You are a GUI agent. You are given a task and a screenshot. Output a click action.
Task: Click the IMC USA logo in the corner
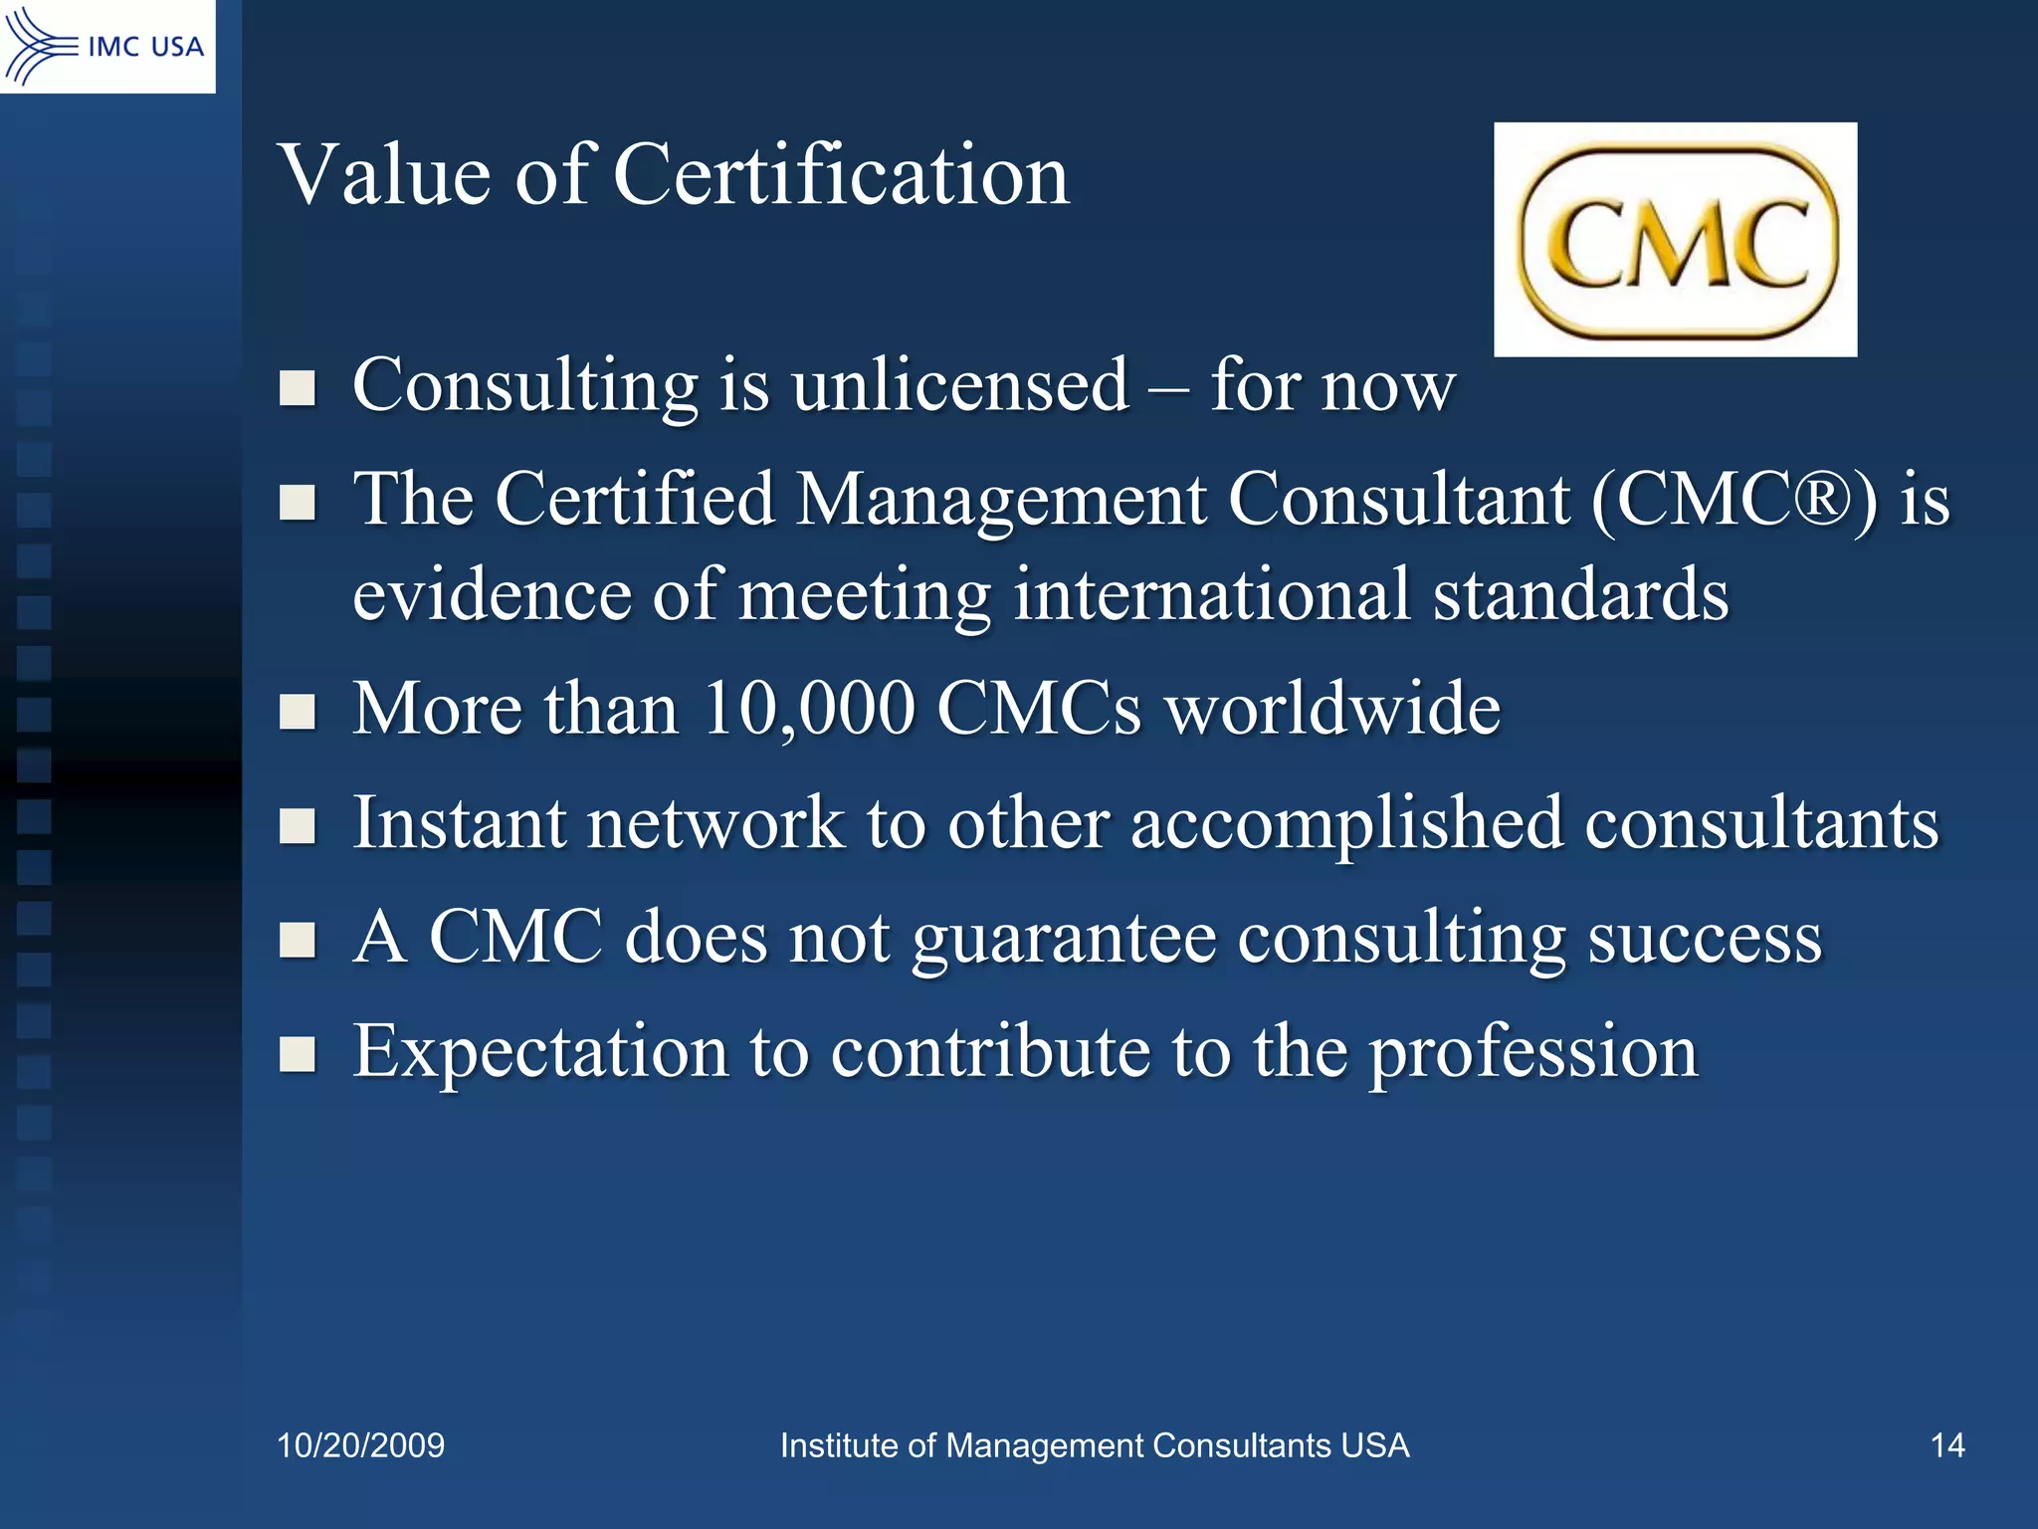[x=106, y=46]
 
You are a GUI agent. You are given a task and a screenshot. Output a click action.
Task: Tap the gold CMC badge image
[x=1676, y=240]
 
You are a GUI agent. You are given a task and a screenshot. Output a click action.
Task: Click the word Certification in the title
[x=841, y=175]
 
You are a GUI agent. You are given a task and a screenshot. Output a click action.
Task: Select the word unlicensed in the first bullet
[x=960, y=385]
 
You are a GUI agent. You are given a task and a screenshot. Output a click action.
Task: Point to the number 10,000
[x=808, y=709]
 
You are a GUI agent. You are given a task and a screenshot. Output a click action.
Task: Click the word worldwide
[x=1332, y=709]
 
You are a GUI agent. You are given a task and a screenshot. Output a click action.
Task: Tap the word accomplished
[x=1345, y=824]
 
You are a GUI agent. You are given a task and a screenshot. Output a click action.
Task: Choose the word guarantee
[x=1064, y=939]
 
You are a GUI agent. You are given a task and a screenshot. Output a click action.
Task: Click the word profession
[x=1533, y=1053]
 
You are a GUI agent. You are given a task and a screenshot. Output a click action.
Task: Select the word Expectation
[x=540, y=1053]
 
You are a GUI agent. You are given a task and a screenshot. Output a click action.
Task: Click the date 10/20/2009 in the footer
[x=360, y=1445]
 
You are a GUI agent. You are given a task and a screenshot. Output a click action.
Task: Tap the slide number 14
[x=1947, y=1445]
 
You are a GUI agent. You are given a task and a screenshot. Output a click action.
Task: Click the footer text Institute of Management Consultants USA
[x=1094, y=1445]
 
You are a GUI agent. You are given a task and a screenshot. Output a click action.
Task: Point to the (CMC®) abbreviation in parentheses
[x=1733, y=499]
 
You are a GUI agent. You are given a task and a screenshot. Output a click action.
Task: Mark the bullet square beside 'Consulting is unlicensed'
[x=298, y=388]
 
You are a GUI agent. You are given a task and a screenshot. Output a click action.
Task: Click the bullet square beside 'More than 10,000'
[x=298, y=712]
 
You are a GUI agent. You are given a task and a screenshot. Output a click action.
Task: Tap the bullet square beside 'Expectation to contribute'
[x=298, y=1054]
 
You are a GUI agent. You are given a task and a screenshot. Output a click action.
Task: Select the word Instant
[x=459, y=824]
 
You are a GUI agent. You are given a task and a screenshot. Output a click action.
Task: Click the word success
[x=1704, y=939]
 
